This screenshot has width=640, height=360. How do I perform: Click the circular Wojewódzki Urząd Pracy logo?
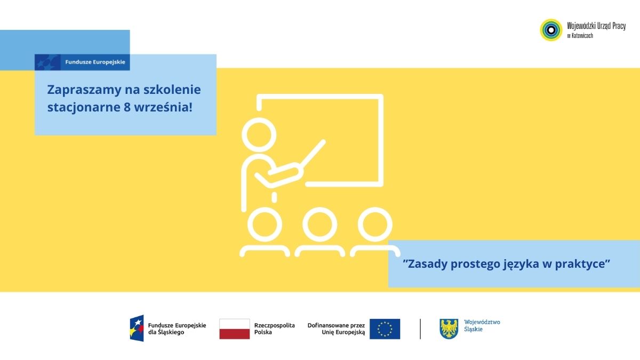tap(551, 30)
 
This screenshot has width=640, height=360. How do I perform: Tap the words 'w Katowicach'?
tap(580, 36)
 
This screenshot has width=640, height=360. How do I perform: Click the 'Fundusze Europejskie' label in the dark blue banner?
tap(95, 62)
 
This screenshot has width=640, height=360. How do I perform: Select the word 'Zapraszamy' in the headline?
tap(84, 90)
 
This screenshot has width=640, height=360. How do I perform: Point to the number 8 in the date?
tap(127, 107)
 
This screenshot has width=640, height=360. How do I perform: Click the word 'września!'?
tap(163, 107)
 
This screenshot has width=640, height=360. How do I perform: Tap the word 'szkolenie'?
tap(172, 90)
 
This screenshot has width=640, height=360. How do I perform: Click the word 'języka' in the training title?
tap(521, 265)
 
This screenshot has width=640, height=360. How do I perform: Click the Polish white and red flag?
tap(235, 329)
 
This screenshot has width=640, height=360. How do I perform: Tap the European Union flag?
tap(385, 329)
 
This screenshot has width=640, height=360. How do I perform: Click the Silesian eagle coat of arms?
tap(449, 329)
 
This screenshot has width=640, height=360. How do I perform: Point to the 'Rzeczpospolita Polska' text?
tap(274, 329)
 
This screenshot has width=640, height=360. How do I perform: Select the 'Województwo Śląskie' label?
tap(482, 326)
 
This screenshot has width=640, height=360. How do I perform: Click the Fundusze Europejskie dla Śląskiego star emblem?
tap(137, 329)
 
